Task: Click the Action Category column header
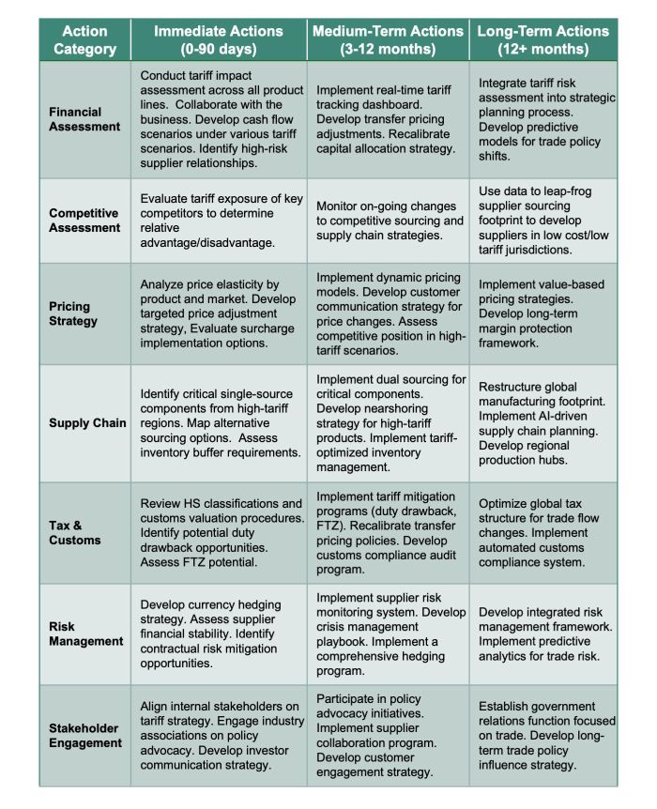85,39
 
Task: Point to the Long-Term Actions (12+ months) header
543,39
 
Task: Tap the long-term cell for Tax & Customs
543,532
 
